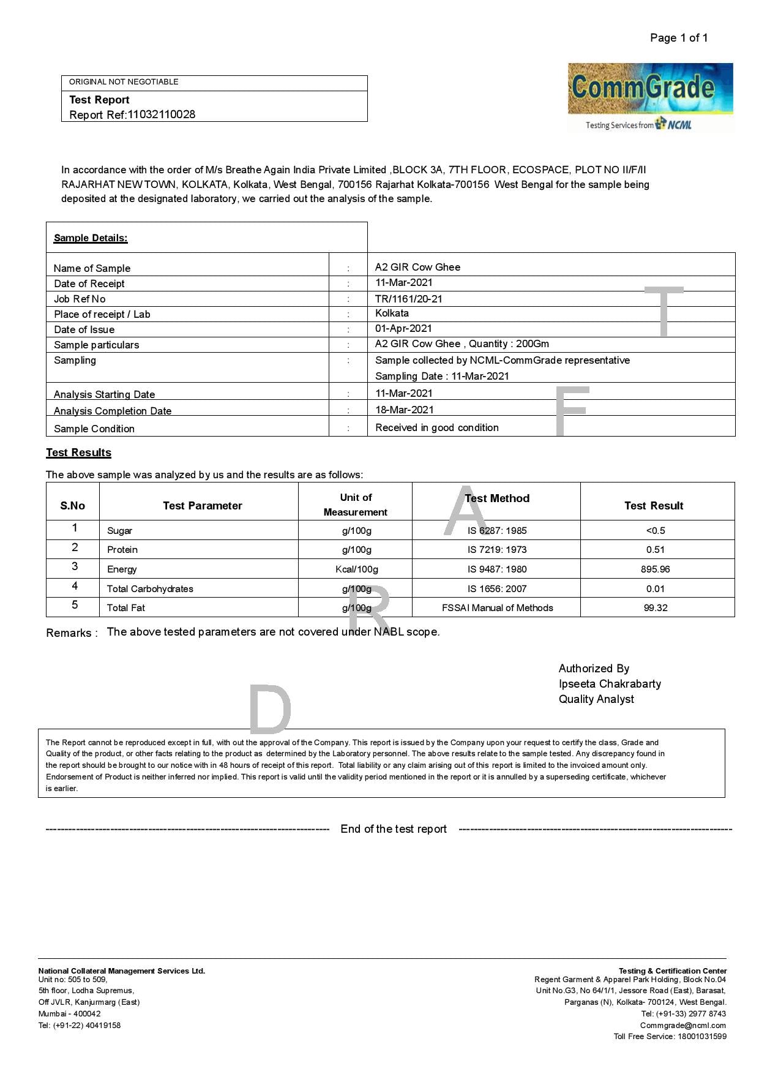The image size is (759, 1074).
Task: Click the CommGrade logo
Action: click(650, 97)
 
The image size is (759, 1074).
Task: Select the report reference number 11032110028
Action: click(161, 115)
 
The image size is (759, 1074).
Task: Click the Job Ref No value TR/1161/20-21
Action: click(408, 299)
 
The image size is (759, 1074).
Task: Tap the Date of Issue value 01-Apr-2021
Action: click(403, 328)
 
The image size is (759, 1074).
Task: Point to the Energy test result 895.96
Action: click(655, 569)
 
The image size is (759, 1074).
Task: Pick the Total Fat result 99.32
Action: click(655, 607)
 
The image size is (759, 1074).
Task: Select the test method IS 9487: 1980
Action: click(496, 569)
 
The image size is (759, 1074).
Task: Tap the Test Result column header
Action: click(653, 505)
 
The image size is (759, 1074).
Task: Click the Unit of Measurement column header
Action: click(356, 505)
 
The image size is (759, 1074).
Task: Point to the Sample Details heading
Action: click(91, 238)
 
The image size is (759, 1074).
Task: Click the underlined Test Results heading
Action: click(78, 453)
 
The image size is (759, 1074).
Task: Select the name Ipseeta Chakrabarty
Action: click(609, 683)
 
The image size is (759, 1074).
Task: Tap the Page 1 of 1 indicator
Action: click(678, 38)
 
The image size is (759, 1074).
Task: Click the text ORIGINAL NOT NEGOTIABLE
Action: click(124, 81)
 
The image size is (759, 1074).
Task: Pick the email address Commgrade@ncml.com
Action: click(682, 1025)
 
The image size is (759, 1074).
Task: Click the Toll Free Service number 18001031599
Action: click(701, 1036)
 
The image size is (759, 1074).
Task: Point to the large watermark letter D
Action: click(269, 709)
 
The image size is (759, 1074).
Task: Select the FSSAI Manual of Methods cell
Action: click(497, 607)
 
